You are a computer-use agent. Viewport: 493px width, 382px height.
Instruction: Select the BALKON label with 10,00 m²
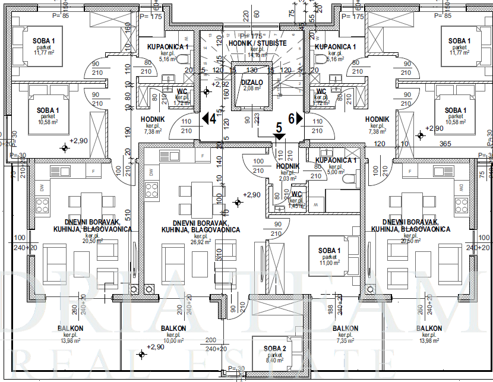tap(173, 329)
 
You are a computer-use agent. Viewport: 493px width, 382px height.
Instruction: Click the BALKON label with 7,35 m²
tap(345, 329)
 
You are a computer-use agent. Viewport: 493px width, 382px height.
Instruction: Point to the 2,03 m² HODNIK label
tap(288, 167)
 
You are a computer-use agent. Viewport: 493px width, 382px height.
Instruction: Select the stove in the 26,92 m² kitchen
tap(152, 192)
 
